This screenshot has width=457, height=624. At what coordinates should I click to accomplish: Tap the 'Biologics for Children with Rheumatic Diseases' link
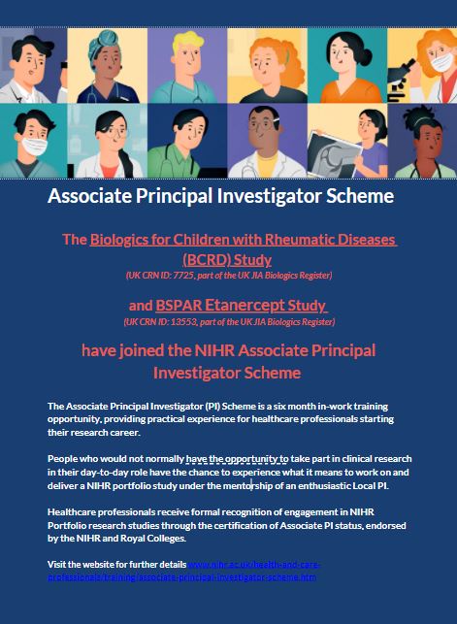coord(244,239)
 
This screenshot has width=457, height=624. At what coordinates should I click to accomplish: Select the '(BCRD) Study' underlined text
coord(227,259)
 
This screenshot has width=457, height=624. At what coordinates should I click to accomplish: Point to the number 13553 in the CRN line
coord(194,321)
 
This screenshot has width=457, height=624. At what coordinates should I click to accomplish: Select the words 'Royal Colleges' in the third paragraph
coord(156,538)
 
